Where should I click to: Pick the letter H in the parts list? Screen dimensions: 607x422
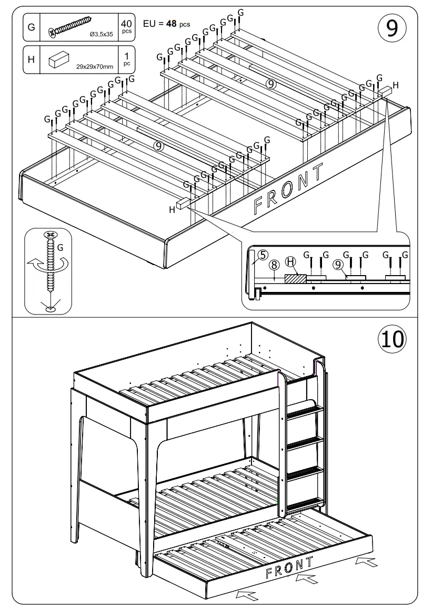[x=31, y=59]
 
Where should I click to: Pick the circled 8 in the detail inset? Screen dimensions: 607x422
[x=274, y=265]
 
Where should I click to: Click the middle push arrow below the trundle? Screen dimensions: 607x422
[x=306, y=580]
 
